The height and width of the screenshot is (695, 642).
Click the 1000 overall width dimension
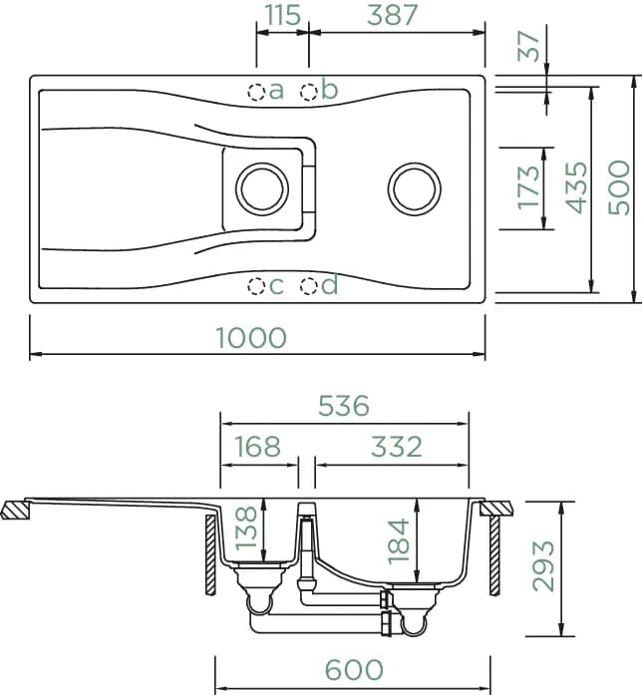coord(251,337)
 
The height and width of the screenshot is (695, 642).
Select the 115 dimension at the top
coord(283,15)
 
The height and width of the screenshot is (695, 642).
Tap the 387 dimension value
coord(392,15)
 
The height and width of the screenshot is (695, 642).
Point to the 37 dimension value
coord(529,46)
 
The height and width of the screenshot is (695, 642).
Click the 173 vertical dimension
coord(529,187)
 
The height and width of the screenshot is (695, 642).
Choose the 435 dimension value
coord(576,187)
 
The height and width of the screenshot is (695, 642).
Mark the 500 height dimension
coord(618,187)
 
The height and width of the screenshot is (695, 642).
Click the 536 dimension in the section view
coord(344,406)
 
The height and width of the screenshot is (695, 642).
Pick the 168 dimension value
coord(257,447)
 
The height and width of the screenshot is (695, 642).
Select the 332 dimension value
coord(397,447)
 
